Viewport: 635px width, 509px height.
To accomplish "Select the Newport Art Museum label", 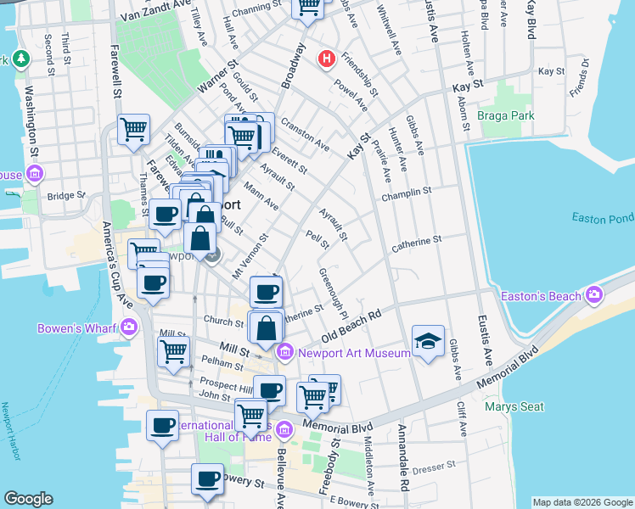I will pos(339,351).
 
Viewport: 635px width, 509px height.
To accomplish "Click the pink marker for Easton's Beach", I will pos(594,295).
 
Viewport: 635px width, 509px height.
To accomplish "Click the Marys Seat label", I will pos(514,406).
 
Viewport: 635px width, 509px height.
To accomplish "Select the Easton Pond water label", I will pos(602,218).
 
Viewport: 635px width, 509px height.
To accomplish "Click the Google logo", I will pos(28,499).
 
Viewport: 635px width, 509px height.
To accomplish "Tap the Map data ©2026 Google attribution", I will pos(582,501).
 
